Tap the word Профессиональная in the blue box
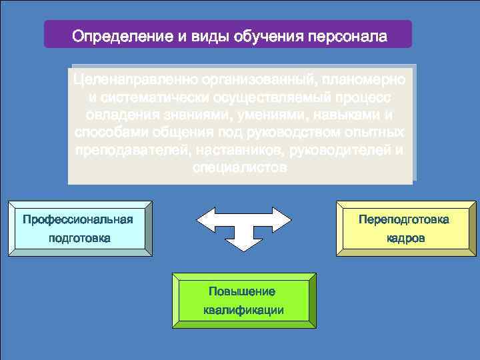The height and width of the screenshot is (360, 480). [x=78, y=219]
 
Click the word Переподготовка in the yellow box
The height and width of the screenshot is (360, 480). [x=404, y=219]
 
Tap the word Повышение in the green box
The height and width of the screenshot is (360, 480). [x=241, y=291]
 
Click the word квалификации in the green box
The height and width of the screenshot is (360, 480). [x=243, y=310]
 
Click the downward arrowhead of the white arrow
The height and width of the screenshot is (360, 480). [x=245, y=241]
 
